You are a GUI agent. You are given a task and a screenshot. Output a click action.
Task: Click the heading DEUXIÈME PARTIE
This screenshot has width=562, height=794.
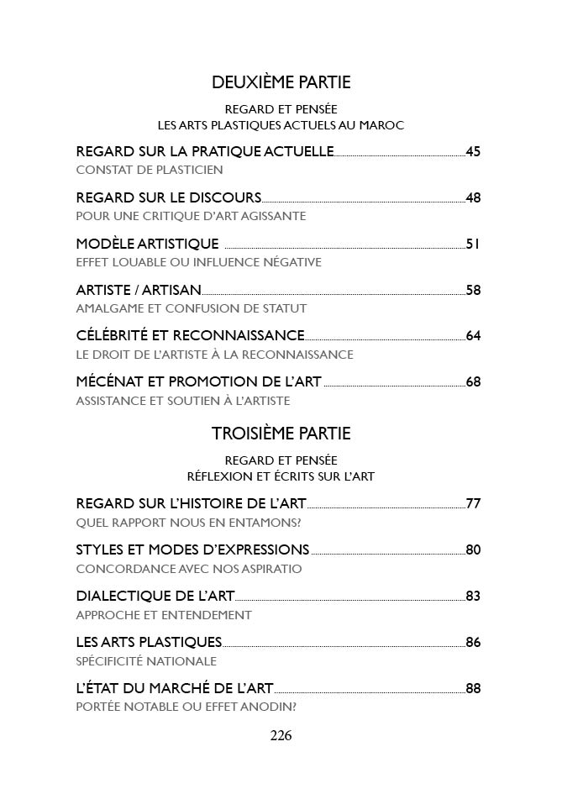point(281,82)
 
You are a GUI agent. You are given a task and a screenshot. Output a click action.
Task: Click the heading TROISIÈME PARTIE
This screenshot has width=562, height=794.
point(281,434)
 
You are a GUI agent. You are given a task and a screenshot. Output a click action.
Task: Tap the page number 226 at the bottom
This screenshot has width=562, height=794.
point(281,736)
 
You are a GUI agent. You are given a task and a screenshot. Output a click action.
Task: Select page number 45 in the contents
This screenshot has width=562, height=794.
point(473,152)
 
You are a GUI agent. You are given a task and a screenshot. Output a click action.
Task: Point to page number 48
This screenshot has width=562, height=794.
point(473,198)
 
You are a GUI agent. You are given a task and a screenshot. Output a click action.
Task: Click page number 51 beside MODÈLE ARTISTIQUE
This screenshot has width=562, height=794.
point(473,245)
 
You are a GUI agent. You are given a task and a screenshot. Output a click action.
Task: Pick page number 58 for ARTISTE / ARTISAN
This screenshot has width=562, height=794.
point(473,291)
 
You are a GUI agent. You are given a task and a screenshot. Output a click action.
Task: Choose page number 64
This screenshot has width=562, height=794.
point(473,336)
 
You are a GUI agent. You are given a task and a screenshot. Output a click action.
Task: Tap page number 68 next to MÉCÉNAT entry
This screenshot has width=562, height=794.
point(473,382)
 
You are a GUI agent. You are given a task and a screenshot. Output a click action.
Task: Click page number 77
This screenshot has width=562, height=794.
point(473,504)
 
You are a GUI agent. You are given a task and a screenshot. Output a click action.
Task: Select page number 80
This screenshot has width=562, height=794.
point(473,550)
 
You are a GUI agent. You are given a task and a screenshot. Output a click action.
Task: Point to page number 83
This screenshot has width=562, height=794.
point(473,597)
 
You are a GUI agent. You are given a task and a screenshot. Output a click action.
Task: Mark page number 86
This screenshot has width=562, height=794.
point(473,643)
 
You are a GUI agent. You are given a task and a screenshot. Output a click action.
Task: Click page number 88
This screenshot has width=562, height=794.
point(473,689)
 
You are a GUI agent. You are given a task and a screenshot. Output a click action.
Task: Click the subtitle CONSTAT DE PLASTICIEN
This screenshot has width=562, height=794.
point(150,170)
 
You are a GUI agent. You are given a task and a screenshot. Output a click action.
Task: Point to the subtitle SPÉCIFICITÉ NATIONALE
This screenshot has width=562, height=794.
point(146,661)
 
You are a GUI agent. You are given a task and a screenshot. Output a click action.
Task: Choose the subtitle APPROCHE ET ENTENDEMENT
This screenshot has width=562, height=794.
point(164,615)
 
